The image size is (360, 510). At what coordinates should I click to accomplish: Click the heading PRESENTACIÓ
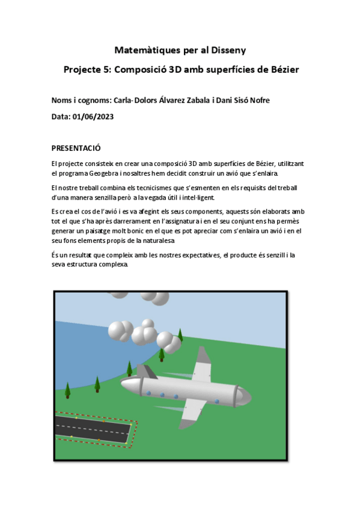(x=76, y=148)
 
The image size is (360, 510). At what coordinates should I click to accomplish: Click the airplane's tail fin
(x=147, y=372)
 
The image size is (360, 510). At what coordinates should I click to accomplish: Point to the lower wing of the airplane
(x=192, y=411)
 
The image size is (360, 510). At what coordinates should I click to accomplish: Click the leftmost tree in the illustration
(x=67, y=390)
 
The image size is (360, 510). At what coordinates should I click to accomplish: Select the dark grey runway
(x=93, y=429)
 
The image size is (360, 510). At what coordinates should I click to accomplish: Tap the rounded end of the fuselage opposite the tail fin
(x=245, y=395)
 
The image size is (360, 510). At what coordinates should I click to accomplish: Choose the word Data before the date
(x=60, y=117)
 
